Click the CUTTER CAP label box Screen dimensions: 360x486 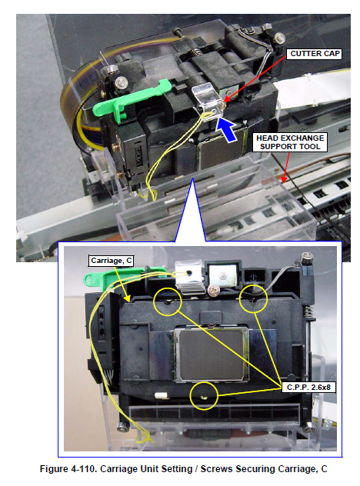[x=314, y=54]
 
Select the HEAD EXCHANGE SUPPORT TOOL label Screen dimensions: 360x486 [x=290, y=142]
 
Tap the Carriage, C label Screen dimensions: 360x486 [x=111, y=261]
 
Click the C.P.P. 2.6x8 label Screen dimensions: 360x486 [x=308, y=387]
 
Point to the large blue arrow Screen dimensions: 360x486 [x=227, y=131]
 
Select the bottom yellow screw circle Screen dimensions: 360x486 [x=204, y=396]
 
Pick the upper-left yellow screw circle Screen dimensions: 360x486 [x=168, y=301]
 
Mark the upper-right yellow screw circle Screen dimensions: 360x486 [x=254, y=298]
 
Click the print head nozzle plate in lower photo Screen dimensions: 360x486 [x=212, y=355]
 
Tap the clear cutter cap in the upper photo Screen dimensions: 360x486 [x=207, y=99]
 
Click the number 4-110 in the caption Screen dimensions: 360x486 [x=84, y=468]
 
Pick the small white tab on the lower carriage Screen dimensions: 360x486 [x=162, y=396]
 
